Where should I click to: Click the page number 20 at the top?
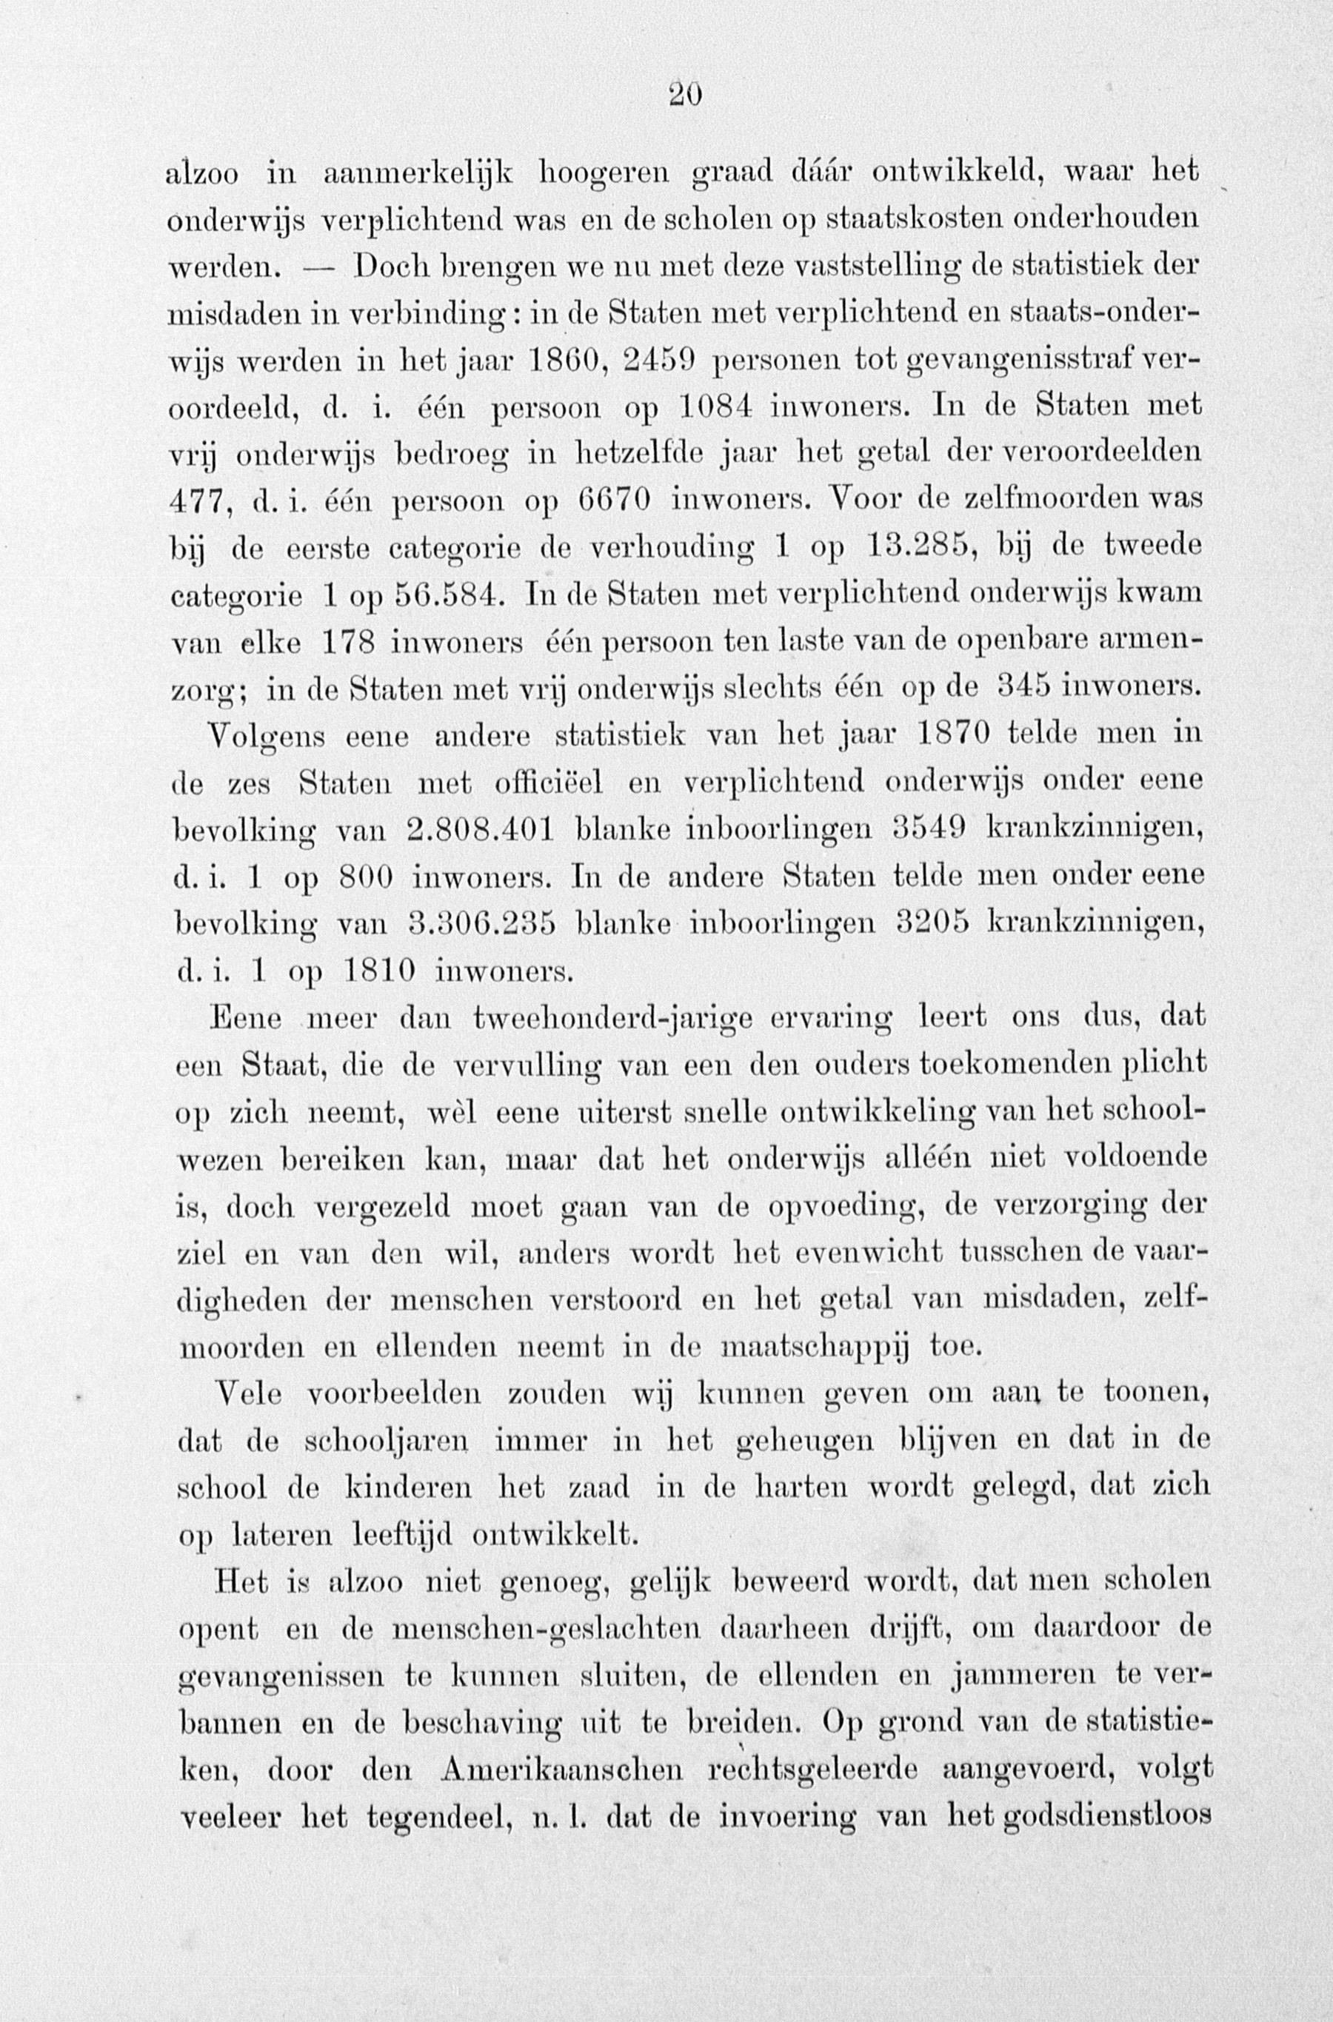pyautogui.click(x=684, y=93)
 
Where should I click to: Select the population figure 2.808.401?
pyautogui.click(x=481, y=828)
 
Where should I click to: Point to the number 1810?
pyautogui.click(x=380, y=969)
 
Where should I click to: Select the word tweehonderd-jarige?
pyautogui.click(x=611, y=1017)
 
